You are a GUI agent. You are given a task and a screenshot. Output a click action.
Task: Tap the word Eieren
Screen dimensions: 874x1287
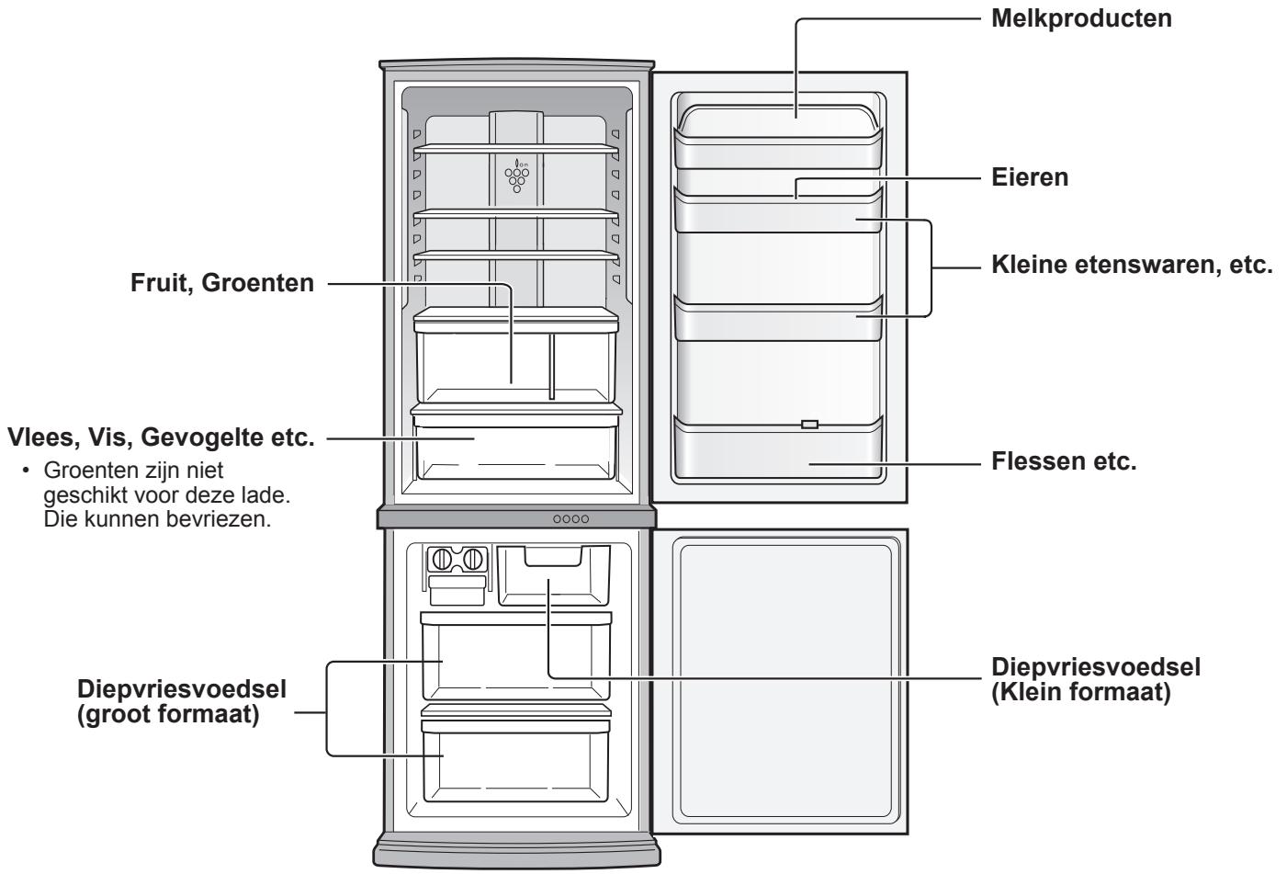click(1031, 177)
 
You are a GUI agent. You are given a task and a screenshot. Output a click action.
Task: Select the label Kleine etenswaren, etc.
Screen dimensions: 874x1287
click(1132, 267)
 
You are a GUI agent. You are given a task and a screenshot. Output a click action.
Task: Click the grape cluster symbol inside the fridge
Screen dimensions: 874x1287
click(517, 176)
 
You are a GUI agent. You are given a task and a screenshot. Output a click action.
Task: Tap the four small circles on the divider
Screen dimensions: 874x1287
click(570, 518)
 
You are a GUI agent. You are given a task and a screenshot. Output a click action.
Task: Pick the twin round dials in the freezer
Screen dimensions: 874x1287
click(457, 559)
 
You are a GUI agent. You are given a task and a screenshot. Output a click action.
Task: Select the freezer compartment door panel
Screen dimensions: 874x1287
click(784, 681)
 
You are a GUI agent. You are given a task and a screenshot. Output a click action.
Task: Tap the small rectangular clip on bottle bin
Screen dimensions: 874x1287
click(808, 425)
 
